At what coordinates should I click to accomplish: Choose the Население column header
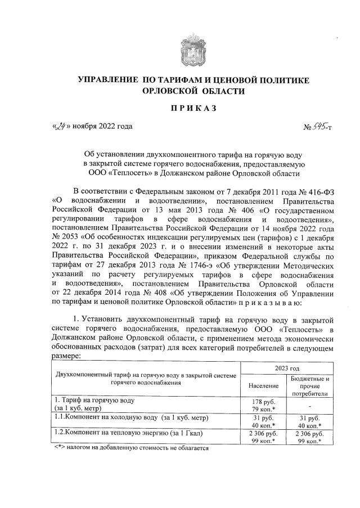tap(263, 386)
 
